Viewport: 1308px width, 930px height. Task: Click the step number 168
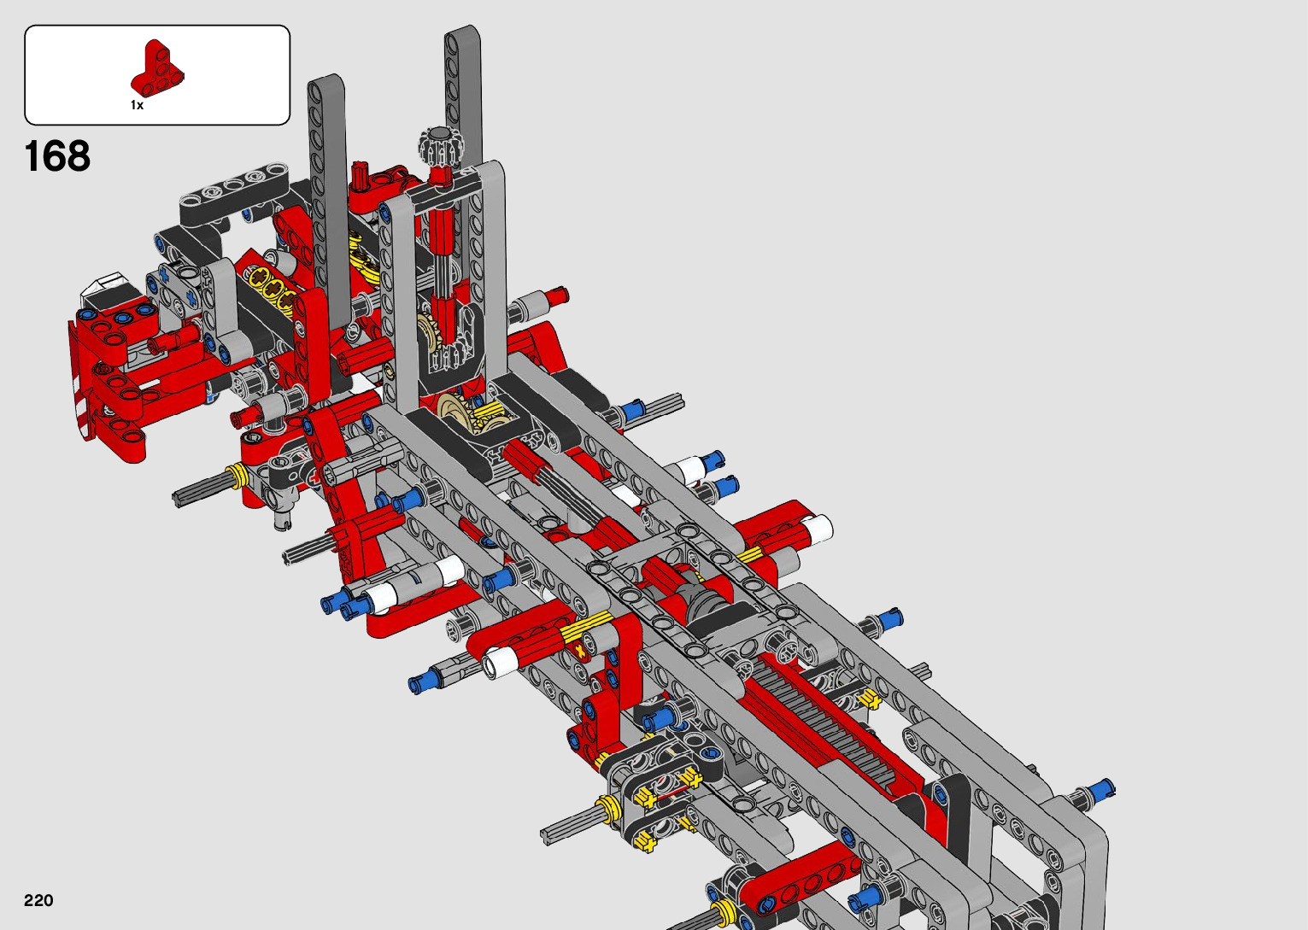tap(57, 156)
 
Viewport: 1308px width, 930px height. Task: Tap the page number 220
tap(38, 900)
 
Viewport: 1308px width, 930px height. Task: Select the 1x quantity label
tap(137, 105)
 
